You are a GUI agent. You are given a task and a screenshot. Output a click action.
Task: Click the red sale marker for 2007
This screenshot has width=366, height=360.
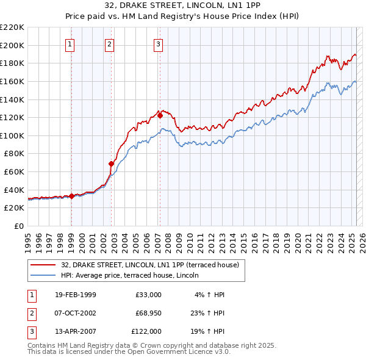point(160,115)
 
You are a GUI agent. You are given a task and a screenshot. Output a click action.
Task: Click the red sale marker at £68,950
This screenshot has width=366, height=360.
point(112,164)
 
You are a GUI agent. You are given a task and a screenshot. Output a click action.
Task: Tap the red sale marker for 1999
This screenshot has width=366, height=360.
point(72,196)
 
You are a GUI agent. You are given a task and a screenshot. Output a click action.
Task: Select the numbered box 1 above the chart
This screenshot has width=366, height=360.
point(70,44)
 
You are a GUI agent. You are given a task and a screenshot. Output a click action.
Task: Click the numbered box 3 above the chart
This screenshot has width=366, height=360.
point(158,44)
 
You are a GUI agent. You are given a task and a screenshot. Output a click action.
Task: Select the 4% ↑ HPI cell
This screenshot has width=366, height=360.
point(210,295)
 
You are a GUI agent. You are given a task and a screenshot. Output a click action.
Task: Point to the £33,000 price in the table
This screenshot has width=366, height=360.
point(148,295)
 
